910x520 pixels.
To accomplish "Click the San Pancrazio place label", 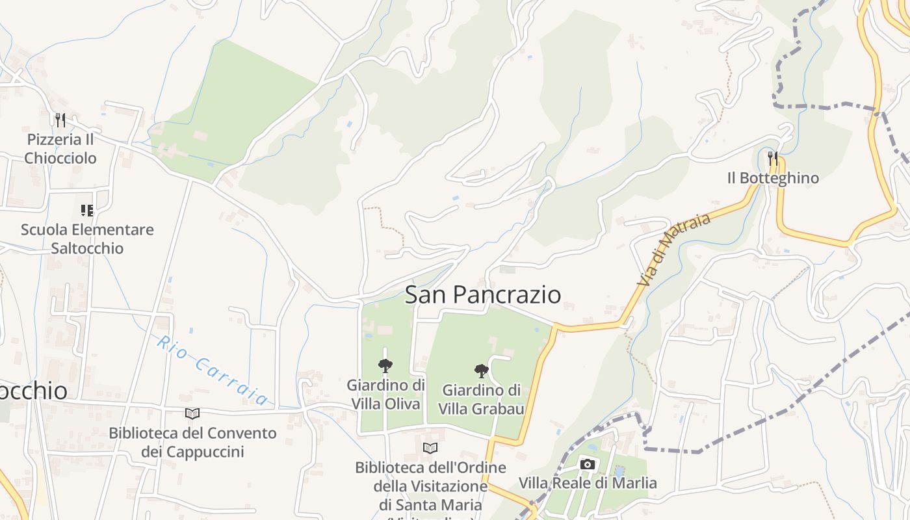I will tap(483, 294).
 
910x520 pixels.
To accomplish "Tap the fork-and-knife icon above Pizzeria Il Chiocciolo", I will tap(60, 120).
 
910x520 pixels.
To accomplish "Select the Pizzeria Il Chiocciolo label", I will tap(60, 149).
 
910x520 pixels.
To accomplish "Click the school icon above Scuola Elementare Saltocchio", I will tap(87, 210).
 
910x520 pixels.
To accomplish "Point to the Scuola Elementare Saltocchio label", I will tap(87, 239).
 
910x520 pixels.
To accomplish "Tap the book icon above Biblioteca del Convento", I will tap(192, 413).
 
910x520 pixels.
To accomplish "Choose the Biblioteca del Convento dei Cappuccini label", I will tap(192, 442).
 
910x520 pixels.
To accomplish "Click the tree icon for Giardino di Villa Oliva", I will tap(385, 366).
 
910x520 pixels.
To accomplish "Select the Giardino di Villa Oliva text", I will tap(386, 395).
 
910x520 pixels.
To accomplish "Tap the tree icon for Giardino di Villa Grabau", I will tap(482, 371).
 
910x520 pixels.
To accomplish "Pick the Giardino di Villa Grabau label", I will tap(482, 399).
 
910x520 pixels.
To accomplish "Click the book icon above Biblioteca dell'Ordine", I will tap(430, 448).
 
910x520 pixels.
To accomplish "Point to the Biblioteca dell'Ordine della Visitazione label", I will tap(430, 486).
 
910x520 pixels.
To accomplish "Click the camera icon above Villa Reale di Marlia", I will tap(588, 464).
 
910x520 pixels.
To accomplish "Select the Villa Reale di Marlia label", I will tap(588, 483).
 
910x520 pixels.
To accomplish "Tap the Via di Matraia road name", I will tap(674, 250).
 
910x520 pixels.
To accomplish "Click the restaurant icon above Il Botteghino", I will tap(773, 158).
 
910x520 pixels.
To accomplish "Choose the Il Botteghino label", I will tap(773, 178).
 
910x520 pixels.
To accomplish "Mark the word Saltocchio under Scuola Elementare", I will tap(87, 248).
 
